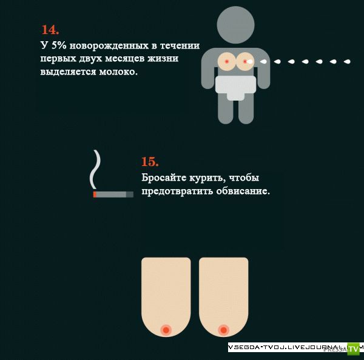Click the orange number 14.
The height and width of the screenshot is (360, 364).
pyautogui.click(x=50, y=30)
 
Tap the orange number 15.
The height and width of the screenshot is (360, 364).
pyautogui.click(x=150, y=162)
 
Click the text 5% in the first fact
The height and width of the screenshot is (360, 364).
pyautogui.click(x=59, y=45)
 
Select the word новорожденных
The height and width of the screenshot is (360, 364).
pyautogui.click(x=109, y=45)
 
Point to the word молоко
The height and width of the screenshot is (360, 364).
pyautogui.click(x=118, y=72)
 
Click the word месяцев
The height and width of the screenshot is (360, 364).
pyautogui.click(x=125, y=59)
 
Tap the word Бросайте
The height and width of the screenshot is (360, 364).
pyautogui.click(x=164, y=178)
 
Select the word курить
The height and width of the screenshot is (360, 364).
pyautogui.click(x=207, y=178)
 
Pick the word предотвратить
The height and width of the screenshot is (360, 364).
pyautogui.click(x=177, y=192)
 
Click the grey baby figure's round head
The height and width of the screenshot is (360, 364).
pyautogui.click(x=235, y=25)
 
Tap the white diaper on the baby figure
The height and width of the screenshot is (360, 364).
pyautogui.click(x=235, y=87)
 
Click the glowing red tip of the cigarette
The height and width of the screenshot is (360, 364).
pyautogui.click(x=95, y=195)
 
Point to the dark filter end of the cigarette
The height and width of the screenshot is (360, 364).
pyautogui.click(x=130, y=195)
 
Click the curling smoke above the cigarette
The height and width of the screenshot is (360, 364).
pyautogui.click(x=96, y=169)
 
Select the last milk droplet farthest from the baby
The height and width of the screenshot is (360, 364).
pyautogui.click(x=347, y=61)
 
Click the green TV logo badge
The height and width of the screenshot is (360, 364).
pyautogui.click(x=353, y=348)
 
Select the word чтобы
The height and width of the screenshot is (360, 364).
pyautogui.click(x=244, y=178)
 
